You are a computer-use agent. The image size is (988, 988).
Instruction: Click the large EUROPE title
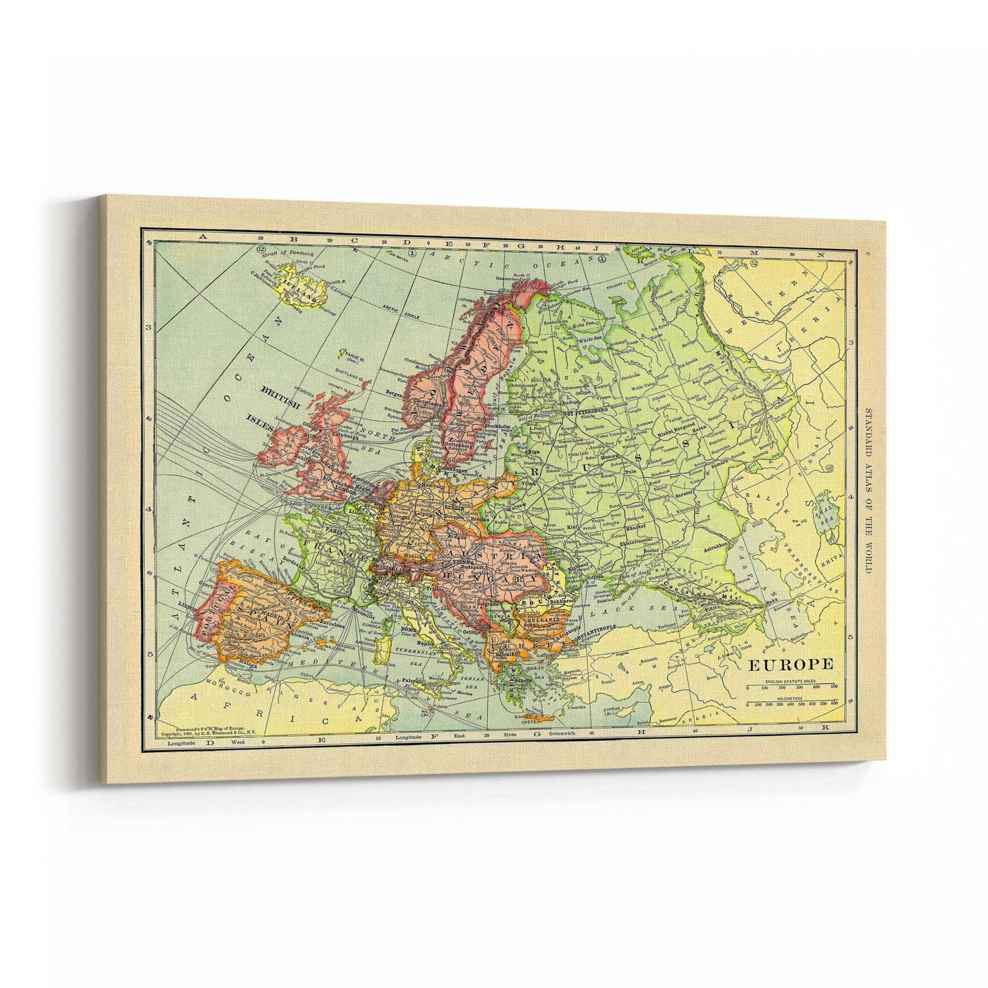click(791, 664)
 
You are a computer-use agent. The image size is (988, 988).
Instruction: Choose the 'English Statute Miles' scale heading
click(790, 682)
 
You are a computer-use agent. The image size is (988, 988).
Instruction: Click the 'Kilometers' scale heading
click(790, 698)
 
